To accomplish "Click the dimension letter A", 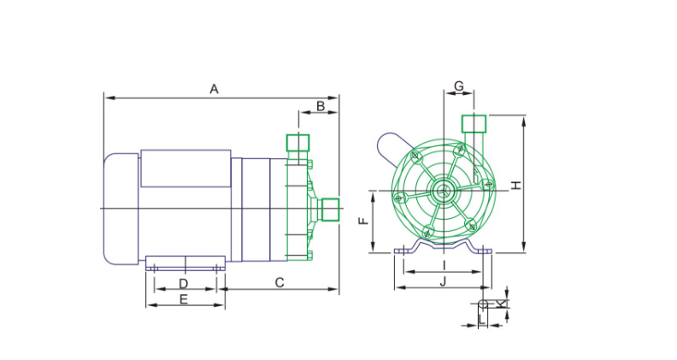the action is pyautogui.click(x=215, y=89).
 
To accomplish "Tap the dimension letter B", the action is pyautogui.click(x=321, y=106).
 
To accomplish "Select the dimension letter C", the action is pyautogui.click(x=280, y=283).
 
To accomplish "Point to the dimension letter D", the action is pyautogui.click(x=184, y=284).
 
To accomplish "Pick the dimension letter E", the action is pyautogui.click(x=184, y=299).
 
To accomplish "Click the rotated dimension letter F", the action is pyautogui.click(x=364, y=221).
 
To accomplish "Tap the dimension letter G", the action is pyautogui.click(x=459, y=86).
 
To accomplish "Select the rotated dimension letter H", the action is pyautogui.click(x=516, y=186).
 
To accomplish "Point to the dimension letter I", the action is pyautogui.click(x=444, y=264).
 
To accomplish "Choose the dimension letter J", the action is pyautogui.click(x=443, y=282).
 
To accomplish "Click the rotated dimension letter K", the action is pyautogui.click(x=500, y=304).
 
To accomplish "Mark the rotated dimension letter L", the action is pyautogui.click(x=483, y=319).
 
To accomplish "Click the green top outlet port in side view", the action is pyautogui.click(x=298, y=143).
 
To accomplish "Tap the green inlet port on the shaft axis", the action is pyautogui.click(x=331, y=210).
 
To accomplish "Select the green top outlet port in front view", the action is pyautogui.click(x=474, y=124).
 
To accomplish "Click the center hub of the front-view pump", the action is pyautogui.click(x=444, y=191).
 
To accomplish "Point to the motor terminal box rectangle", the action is pyautogui.click(x=185, y=168).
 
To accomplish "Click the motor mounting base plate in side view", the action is pyautogui.click(x=185, y=263).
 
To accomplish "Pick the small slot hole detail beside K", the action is pyautogui.click(x=483, y=304).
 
